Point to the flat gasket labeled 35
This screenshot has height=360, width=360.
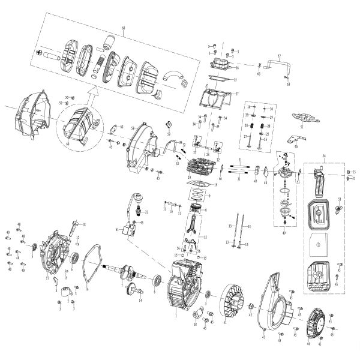(x=219, y=79)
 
